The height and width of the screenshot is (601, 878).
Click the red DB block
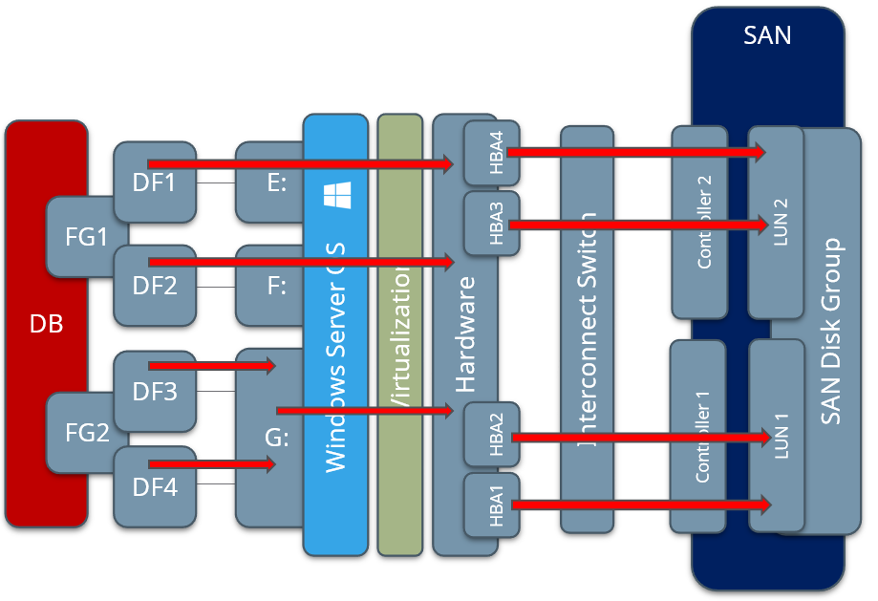click(x=46, y=324)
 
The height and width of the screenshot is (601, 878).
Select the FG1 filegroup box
click(x=86, y=235)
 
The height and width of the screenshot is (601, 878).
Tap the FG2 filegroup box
click(x=86, y=432)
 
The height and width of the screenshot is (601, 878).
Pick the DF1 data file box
click(x=155, y=182)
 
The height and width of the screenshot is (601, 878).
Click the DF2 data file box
click(x=155, y=285)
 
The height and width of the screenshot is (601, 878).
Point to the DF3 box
click(x=155, y=391)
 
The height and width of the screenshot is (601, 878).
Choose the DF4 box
click(x=155, y=487)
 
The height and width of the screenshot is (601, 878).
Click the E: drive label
click(x=277, y=182)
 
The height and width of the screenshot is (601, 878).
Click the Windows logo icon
click(x=336, y=196)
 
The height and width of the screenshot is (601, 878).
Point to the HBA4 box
click(x=492, y=153)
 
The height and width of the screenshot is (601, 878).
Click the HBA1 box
click(x=492, y=504)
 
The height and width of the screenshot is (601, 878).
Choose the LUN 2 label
click(x=776, y=224)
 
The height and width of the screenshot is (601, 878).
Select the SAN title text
click(x=767, y=36)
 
